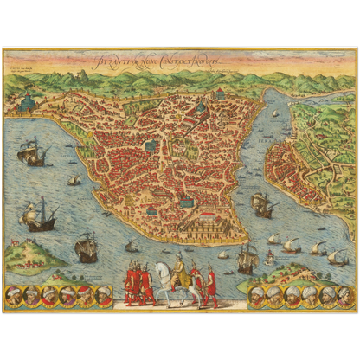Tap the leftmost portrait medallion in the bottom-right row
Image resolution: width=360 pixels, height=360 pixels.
[257, 295]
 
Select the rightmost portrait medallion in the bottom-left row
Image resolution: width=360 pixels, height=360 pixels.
[106, 296]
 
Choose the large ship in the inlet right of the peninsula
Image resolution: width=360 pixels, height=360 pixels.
[262, 205]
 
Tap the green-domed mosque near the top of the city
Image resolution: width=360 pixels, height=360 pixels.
[201, 109]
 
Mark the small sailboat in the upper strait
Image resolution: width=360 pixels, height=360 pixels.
[276, 113]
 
